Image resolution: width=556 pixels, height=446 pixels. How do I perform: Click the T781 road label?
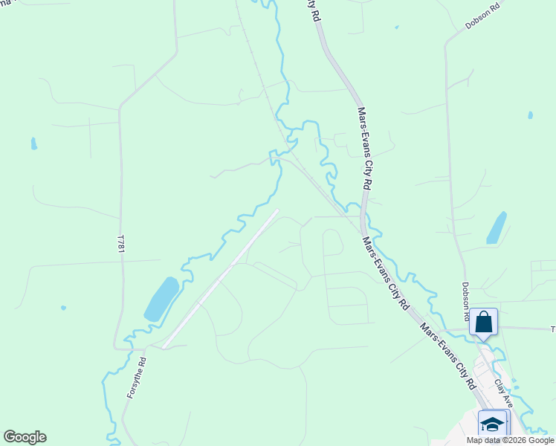coord(120,242)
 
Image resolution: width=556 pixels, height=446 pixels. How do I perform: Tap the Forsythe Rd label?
coord(137,378)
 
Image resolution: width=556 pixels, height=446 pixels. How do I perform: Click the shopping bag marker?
coord(483,323)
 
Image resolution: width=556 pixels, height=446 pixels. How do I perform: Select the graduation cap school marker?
coord(492,424)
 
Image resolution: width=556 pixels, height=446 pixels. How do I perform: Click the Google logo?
coord(25,437)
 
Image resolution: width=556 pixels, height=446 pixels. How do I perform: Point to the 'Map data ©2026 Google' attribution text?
coord(509,440)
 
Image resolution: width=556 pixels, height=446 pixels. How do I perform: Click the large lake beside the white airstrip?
coord(161,299)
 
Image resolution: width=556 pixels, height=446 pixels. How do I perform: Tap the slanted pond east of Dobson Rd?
coord(496,227)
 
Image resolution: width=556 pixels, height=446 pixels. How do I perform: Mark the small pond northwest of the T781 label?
coord(34,143)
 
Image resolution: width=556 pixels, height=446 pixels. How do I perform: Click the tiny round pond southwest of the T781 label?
coord(63,308)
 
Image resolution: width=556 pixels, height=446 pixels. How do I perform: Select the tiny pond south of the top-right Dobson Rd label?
coord(529,115)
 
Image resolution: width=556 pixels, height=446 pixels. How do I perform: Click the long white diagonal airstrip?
coord(220,279)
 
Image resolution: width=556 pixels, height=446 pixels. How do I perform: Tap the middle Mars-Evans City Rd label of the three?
coord(386,274)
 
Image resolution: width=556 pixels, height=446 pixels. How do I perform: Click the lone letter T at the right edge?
coord(552,329)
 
